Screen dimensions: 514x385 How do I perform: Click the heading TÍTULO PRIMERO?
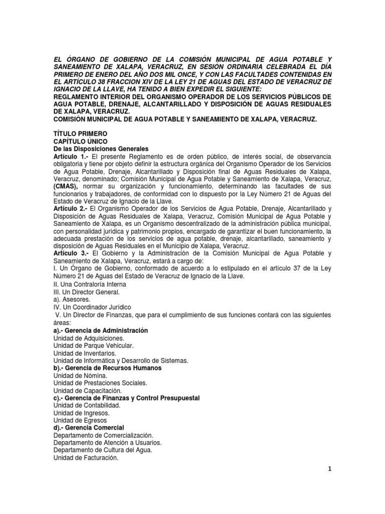[80, 134]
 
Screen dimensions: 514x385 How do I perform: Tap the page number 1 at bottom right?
[330, 469]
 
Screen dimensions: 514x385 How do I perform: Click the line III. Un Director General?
[87, 292]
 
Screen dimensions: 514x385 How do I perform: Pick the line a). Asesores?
[72, 299]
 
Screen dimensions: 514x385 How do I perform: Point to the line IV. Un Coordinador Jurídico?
[91, 307]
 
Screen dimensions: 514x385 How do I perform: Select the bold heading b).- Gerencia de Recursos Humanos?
[107, 368]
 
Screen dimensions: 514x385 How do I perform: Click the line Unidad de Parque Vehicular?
[94, 346]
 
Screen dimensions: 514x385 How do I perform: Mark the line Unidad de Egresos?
[80, 420]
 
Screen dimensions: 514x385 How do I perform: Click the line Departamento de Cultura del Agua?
[103, 450]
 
